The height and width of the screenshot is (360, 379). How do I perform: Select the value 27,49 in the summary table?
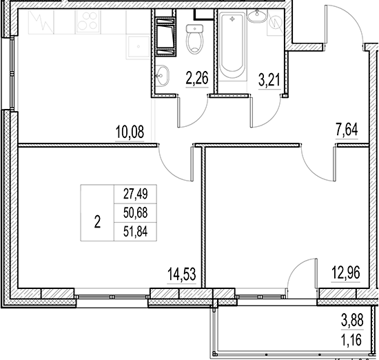[x=135, y=195]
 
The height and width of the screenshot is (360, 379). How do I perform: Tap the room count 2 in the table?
[x=97, y=222]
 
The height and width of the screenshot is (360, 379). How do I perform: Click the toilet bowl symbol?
[x=195, y=40]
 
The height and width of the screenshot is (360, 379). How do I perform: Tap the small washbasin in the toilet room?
[x=164, y=76]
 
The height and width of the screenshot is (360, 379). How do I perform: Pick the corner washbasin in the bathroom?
[x=258, y=19]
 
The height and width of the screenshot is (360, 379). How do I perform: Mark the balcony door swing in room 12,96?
[x=302, y=274]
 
